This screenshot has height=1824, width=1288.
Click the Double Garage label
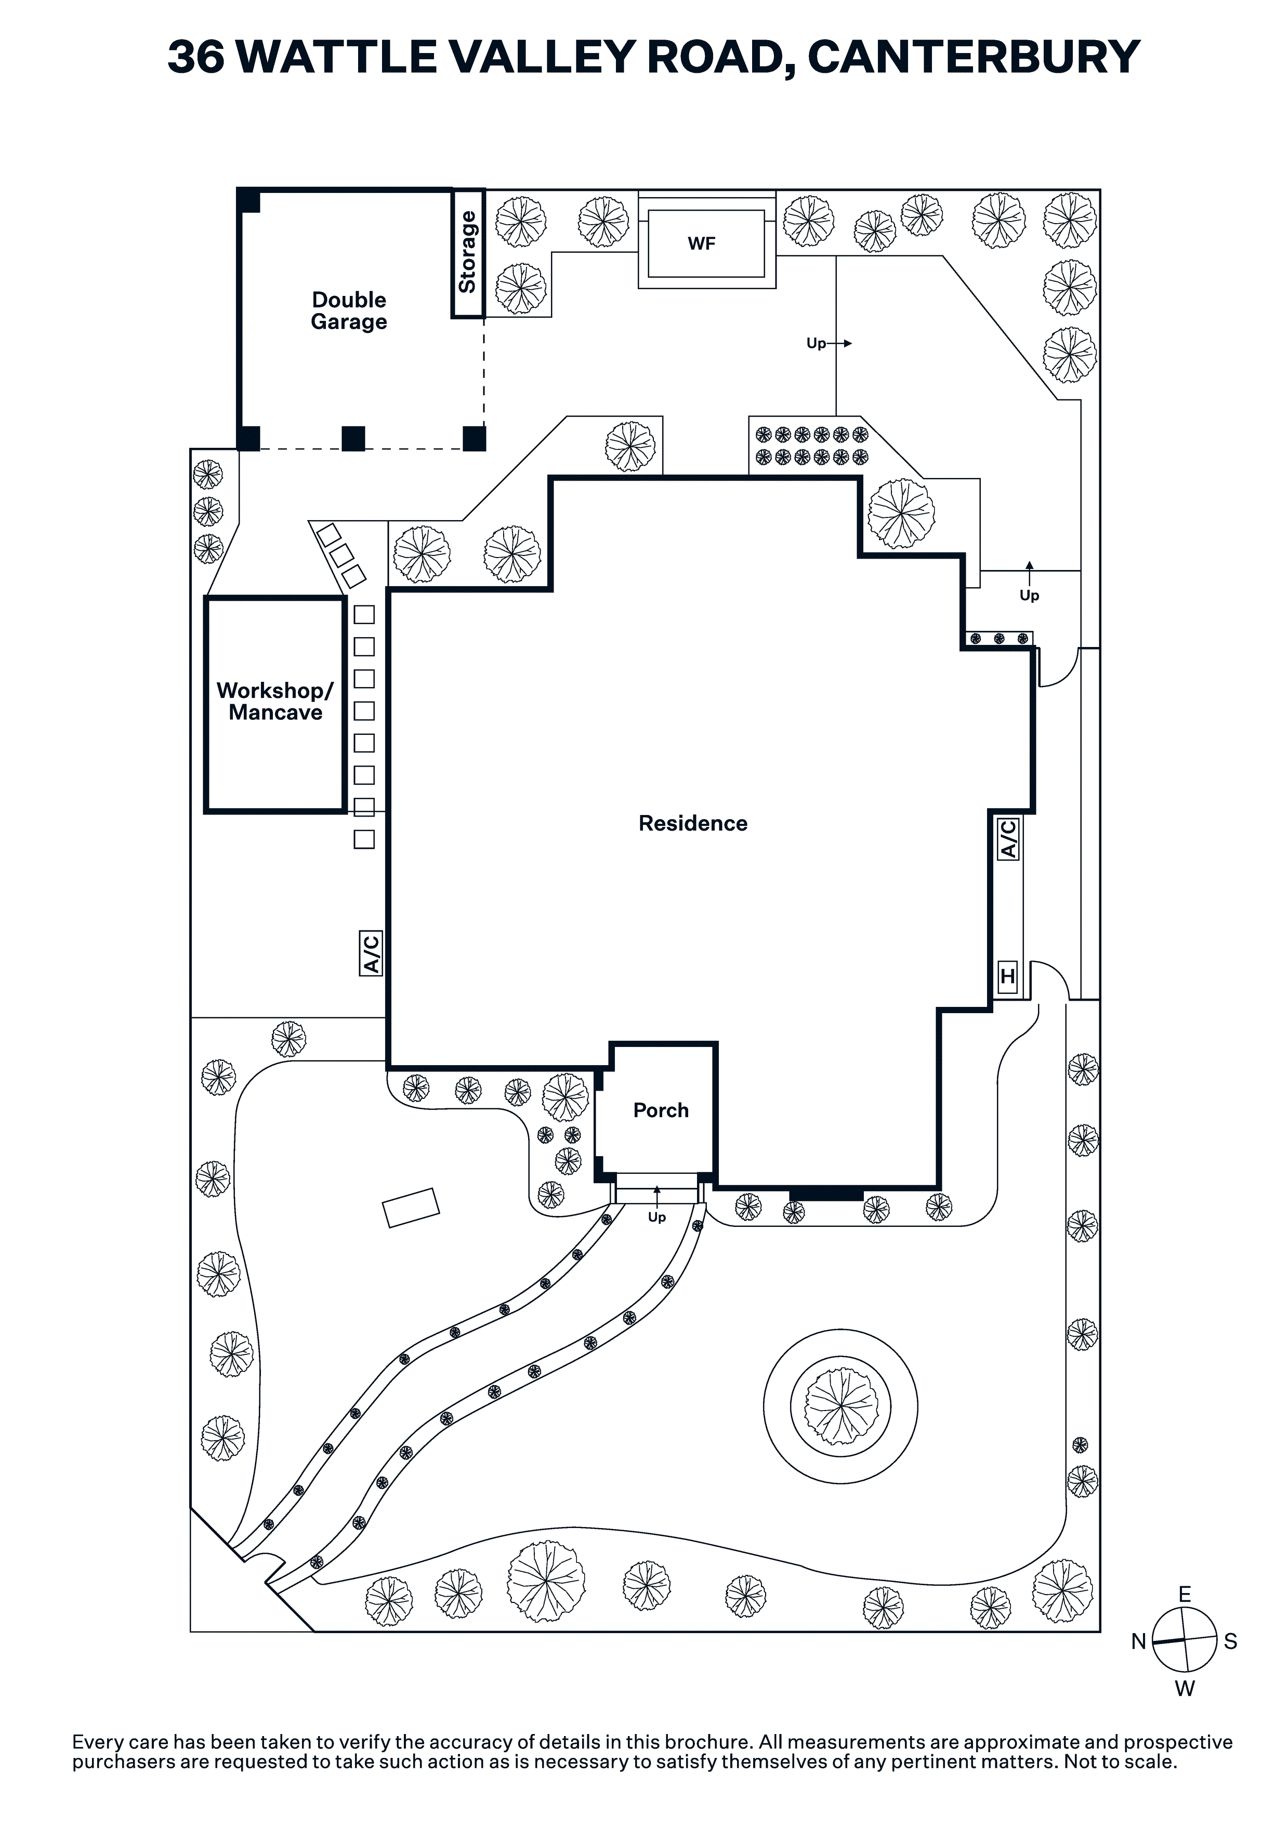pos(349,311)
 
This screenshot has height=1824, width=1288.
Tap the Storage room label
pos(468,252)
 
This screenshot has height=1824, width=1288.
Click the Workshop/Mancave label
pos(275,702)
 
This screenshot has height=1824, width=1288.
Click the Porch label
pos(661,1110)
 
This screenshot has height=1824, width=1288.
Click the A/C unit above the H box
pos(1008,839)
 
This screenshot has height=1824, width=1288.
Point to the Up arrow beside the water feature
pos(828,343)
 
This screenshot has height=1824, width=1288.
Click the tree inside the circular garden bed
pos(841,1406)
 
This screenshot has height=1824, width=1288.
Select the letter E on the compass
pos(1185,1595)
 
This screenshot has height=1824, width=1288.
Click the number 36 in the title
pos(195,57)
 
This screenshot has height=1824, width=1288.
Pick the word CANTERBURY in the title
pos(974,57)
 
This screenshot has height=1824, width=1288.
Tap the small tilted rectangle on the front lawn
pos(411,1208)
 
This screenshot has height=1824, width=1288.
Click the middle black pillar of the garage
pos(353,438)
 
